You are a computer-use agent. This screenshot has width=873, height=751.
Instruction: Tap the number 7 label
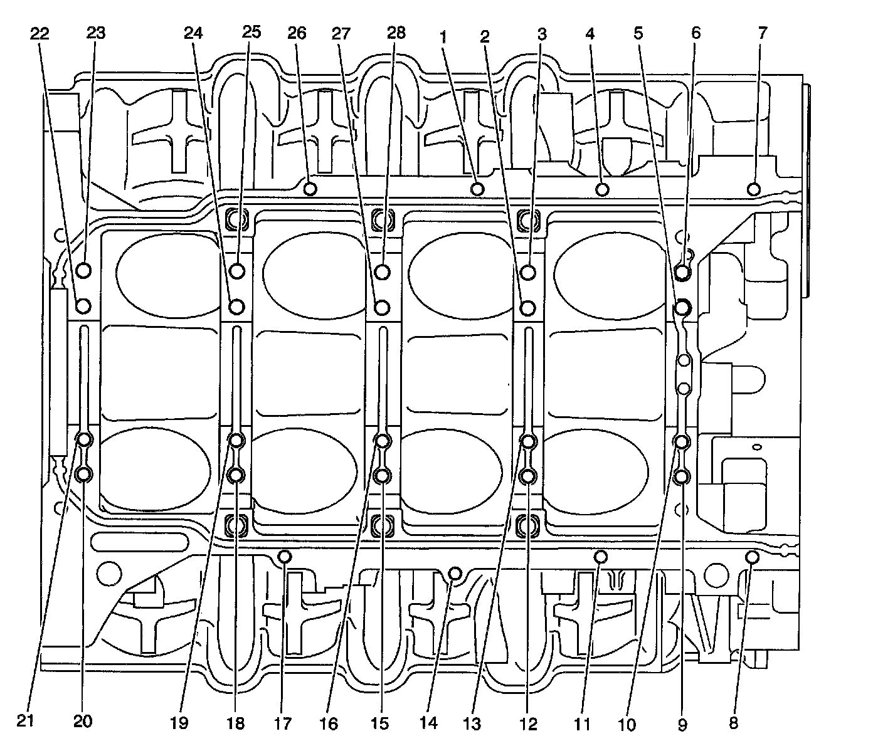point(762,33)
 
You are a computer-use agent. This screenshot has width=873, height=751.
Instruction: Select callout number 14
point(428,723)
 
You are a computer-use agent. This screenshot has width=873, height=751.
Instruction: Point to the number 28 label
point(396,33)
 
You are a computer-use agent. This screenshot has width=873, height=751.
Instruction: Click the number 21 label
point(24,722)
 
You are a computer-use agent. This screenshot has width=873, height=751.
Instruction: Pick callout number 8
point(733,723)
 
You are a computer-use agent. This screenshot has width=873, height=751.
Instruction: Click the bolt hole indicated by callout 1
point(477,189)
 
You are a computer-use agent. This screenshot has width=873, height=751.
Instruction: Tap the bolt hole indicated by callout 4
point(603,189)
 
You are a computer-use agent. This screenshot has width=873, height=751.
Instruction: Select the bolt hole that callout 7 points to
point(754,188)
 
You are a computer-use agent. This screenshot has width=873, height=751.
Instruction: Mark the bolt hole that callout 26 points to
point(309,188)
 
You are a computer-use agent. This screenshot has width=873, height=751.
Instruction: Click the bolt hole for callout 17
point(284,557)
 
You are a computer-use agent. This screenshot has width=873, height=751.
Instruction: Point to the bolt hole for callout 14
point(455,574)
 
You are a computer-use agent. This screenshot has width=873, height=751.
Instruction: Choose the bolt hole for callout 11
point(600,557)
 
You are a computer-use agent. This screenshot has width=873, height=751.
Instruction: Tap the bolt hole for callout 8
point(753,557)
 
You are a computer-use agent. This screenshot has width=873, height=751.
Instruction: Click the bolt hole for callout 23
point(84,271)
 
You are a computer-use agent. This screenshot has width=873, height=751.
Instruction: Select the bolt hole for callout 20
point(84,475)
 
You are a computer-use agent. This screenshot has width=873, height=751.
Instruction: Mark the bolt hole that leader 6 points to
point(683,272)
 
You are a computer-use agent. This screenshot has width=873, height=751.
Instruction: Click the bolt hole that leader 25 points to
point(236,271)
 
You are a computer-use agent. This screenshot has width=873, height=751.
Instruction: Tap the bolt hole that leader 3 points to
point(529,272)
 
